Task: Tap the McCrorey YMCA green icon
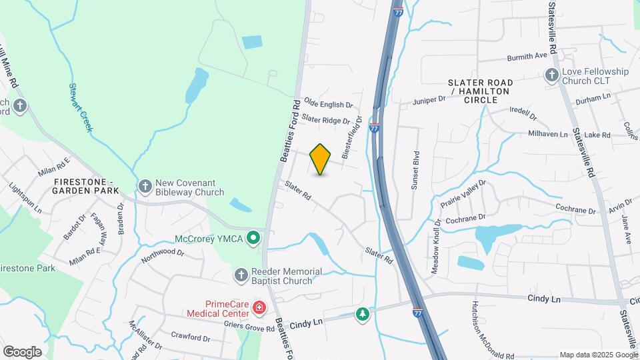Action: click(x=253, y=237)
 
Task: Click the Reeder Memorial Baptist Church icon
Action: click(x=242, y=275)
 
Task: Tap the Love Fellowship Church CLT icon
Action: click(x=552, y=75)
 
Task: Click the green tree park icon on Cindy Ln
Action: click(x=362, y=313)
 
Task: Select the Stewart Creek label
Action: click(x=80, y=107)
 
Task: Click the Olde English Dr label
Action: click(x=328, y=105)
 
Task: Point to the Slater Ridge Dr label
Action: click(x=325, y=119)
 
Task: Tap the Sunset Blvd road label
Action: click(x=415, y=174)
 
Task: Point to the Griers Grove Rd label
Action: click(x=251, y=328)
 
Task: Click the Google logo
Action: click(x=22, y=351)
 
